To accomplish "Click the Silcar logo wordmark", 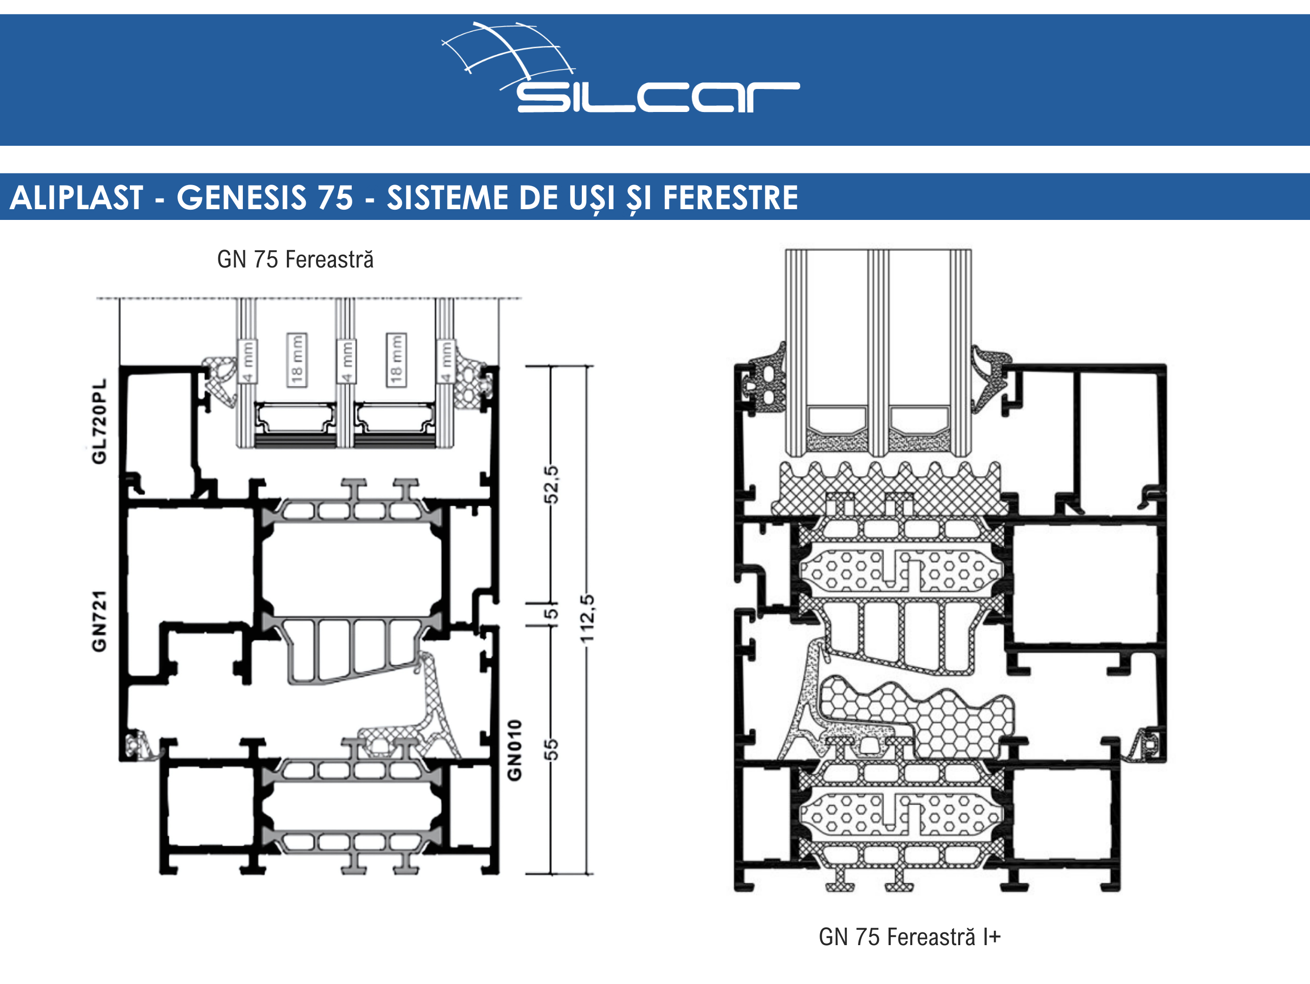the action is [658, 97].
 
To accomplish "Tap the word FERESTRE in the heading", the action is [730, 197].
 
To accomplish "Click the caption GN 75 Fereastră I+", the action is [910, 937].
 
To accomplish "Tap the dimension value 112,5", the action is [587, 618].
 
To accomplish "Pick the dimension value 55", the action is [551, 749].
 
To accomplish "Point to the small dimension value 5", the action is [551, 614].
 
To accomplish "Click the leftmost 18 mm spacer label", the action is [297, 360].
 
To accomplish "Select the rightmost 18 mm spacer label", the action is [396, 360].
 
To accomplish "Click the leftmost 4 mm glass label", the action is [247, 362].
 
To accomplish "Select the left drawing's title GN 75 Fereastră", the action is [296, 259].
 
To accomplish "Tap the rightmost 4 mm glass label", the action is [445, 362].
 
